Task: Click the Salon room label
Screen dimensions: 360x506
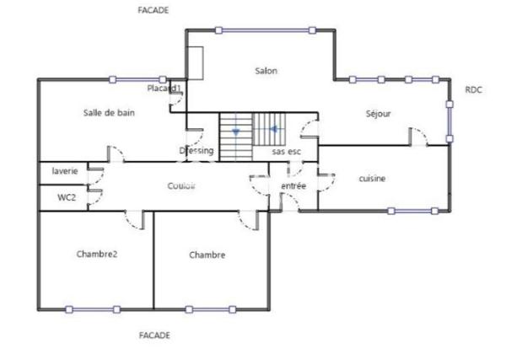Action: tap(266, 71)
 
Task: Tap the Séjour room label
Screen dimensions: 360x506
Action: tap(379, 113)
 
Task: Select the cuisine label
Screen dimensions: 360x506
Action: tap(372, 178)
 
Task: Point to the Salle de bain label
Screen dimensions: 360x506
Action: tap(110, 112)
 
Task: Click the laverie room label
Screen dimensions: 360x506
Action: tap(64, 171)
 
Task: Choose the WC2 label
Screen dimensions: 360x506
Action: tap(66, 197)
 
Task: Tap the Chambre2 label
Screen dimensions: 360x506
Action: tap(96, 254)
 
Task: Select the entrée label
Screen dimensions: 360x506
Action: tap(293, 185)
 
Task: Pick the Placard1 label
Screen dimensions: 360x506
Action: tap(164, 88)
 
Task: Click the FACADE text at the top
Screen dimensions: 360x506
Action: tap(153, 11)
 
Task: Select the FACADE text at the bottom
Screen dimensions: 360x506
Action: tap(153, 335)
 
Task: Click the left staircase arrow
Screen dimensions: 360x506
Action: tap(235, 132)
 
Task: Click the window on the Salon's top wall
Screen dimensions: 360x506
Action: tap(266, 30)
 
